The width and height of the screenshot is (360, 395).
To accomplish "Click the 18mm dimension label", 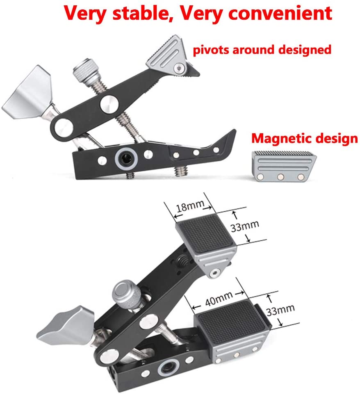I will (x=186, y=207).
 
